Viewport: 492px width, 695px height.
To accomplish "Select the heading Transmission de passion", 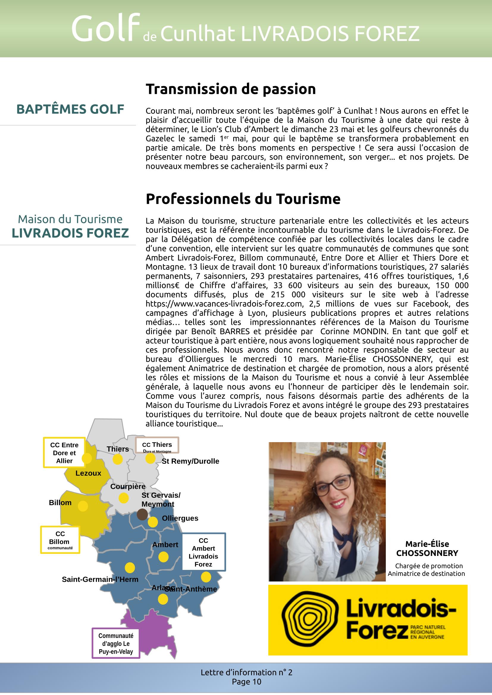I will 231,89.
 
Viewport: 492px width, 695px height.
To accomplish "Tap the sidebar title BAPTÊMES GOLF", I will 70,109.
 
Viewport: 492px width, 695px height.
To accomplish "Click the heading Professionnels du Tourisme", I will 243,199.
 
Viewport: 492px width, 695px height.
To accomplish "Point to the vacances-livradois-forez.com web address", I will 224,304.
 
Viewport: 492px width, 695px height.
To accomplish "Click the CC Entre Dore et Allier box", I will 64,453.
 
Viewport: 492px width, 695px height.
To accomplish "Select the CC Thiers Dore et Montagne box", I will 157,445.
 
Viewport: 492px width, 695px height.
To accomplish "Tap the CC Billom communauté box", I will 60,540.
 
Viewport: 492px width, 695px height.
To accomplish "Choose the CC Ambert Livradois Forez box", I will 203,552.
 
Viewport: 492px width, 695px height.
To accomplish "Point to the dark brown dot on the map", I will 142,515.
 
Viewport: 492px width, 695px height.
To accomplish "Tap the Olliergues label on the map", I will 180,518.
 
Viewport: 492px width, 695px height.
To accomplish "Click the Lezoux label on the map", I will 88,473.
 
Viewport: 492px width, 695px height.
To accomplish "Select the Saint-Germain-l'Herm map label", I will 100,579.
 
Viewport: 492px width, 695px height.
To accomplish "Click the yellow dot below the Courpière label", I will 124,498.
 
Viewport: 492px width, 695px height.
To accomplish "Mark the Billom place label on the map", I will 60,502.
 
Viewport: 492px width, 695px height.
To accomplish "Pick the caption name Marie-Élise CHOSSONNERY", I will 427,549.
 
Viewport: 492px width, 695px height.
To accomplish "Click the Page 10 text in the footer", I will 246,682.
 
